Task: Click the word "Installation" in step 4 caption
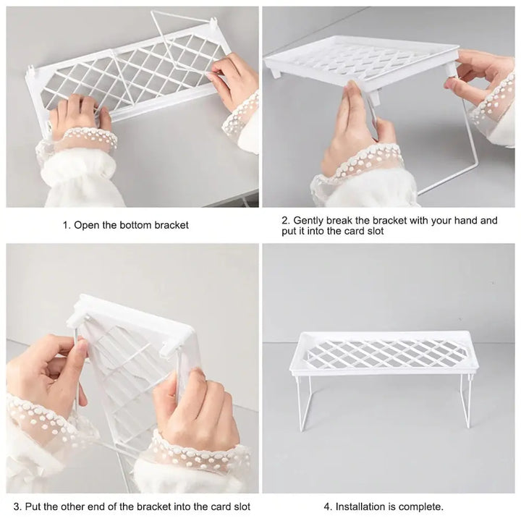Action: [x=364, y=507]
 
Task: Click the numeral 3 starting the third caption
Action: [x=17, y=507]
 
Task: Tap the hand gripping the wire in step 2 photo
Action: [x=355, y=130]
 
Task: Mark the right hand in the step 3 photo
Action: [x=192, y=412]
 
